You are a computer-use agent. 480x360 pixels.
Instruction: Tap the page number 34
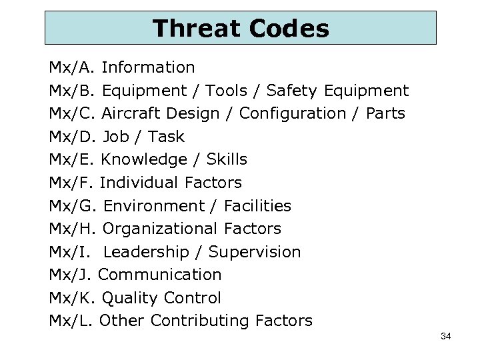tap(446, 337)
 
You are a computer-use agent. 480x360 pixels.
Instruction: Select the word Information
tap(148, 67)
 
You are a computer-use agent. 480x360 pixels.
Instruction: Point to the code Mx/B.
tap(73, 91)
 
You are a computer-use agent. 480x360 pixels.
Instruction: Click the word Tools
tap(227, 91)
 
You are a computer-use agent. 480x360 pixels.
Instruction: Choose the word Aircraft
tap(131, 113)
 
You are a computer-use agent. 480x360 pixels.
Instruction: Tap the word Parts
tap(385, 113)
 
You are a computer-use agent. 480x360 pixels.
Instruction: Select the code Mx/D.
tap(73, 137)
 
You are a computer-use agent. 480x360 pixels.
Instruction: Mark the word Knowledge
tap(144, 159)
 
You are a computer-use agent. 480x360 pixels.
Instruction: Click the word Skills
tap(227, 159)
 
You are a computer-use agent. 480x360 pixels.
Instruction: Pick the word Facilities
tap(257, 206)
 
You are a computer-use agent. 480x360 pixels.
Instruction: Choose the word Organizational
tap(159, 229)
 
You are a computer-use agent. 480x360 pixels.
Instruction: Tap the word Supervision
tap(255, 252)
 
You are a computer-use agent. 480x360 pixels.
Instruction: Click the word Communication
tap(159, 275)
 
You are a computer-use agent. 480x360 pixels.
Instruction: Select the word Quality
tap(130, 298)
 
